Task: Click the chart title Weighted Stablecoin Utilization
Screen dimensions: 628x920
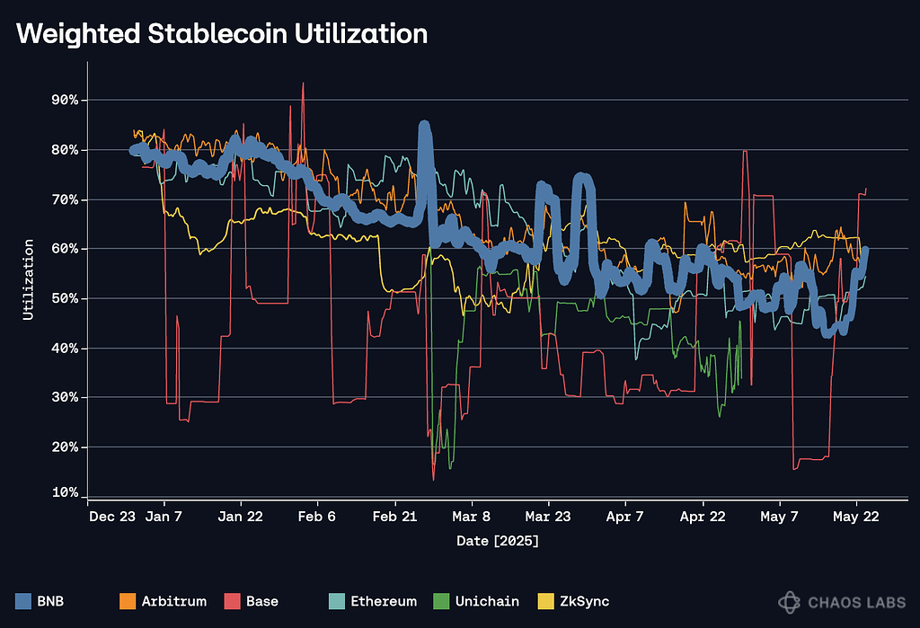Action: [x=222, y=34]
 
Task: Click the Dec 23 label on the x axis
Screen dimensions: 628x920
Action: [x=112, y=517]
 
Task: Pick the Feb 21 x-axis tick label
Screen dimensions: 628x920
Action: [x=395, y=517]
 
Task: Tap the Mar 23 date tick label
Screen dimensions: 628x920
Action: [x=548, y=517]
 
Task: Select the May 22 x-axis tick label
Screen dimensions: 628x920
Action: [x=856, y=517]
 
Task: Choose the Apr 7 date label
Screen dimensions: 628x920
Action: [x=625, y=517]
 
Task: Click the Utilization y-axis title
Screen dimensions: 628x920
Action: [x=28, y=279]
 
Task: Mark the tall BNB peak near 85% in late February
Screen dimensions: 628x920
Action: [x=425, y=126]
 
